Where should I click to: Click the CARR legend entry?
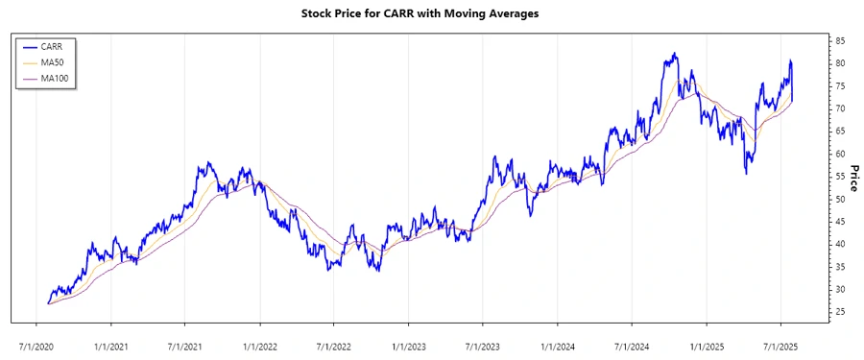[51, 46]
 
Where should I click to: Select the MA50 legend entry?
[53, 61]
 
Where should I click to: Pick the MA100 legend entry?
[55, 77]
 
